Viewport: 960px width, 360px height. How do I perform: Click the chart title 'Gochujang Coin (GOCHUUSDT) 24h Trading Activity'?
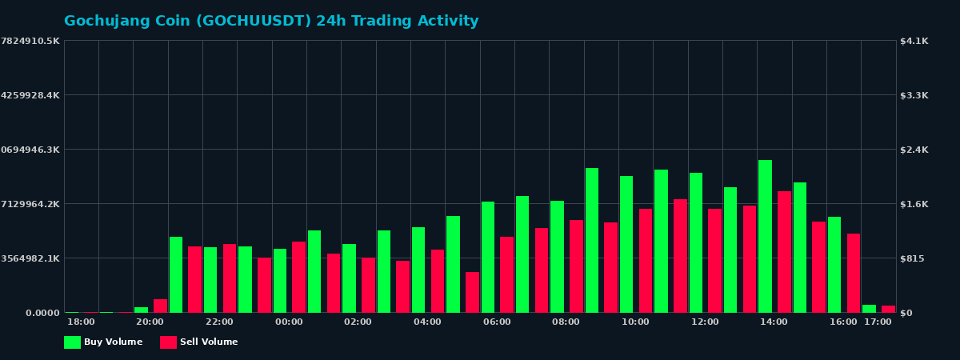click(271, 22)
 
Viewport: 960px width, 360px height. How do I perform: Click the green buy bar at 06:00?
click(488, 257)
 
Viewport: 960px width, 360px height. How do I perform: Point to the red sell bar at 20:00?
click(160, 306)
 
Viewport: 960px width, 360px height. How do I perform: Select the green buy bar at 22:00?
click(210, 279)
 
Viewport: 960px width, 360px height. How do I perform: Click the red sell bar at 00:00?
click(298, 277)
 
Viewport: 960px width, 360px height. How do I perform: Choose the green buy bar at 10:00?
click(626, 244)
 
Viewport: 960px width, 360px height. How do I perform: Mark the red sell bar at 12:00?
click(714, 260)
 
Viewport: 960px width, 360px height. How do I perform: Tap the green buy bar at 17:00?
click(869, 308)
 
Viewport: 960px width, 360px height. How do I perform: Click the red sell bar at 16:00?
click(854, 273)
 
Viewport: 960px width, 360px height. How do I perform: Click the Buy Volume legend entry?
click(104, 342)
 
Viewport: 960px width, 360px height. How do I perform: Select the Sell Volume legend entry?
click(200, 342)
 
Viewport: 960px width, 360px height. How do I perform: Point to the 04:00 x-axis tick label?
click(427, 322)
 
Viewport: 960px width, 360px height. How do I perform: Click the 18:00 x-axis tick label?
click(81, 322)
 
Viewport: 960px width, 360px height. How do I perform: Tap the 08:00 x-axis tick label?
click(566, 322)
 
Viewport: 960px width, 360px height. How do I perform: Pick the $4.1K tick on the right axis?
click(914, 41)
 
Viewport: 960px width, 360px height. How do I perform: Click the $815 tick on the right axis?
click(914, 258)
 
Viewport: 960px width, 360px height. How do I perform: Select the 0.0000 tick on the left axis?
click(42, 313)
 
